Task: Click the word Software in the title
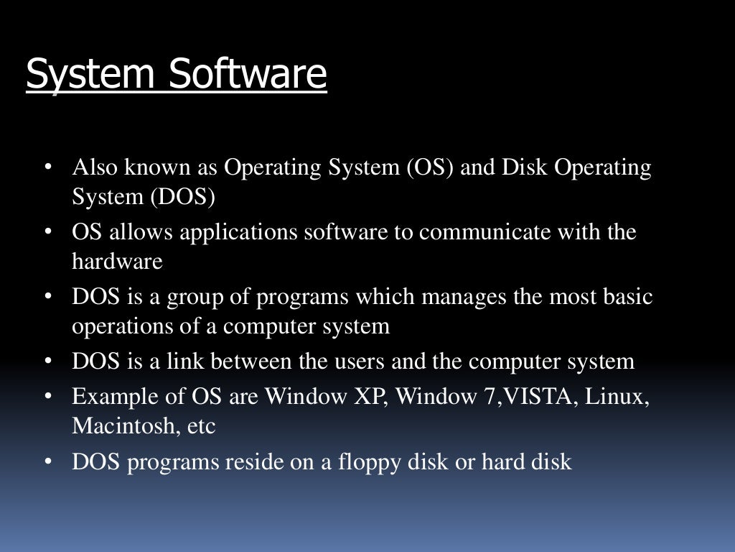(x=248, y=75)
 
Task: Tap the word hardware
(x=117, y=262)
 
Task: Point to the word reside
(x=256, y=462)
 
